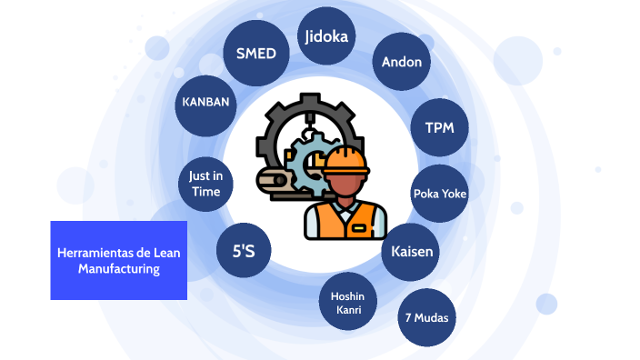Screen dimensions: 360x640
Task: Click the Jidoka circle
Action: pyautogui.click(x=327, y=37)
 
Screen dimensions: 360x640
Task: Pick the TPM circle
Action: pyautogui.click(x=440, y=126)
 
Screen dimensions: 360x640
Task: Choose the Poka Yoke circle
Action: pyautogui.click(x=440, y=193)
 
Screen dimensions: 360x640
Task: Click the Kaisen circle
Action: pyautogui.click(x=412, y=250)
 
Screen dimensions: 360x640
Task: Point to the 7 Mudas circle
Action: pyautogui.click(x=426, y=317)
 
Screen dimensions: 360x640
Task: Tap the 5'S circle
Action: pyautogui.click(x=243, y=248)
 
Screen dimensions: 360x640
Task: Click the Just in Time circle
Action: pyautogui.click(x=205, y=184)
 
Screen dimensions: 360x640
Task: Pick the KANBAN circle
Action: pyautogui.click(x=205, y=103)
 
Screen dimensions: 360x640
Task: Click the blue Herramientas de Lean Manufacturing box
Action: pyautogui.click(x=118, y=260)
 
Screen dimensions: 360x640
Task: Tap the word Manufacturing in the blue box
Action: pyautogui.click(x=118, y=269)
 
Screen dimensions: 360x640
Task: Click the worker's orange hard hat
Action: pyautogui.click(x=345, y=159)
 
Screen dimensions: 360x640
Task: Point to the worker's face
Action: pyautogui.click(x=346, y=186)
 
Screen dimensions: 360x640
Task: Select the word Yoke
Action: pyautogui.click(x=454, y=193)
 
